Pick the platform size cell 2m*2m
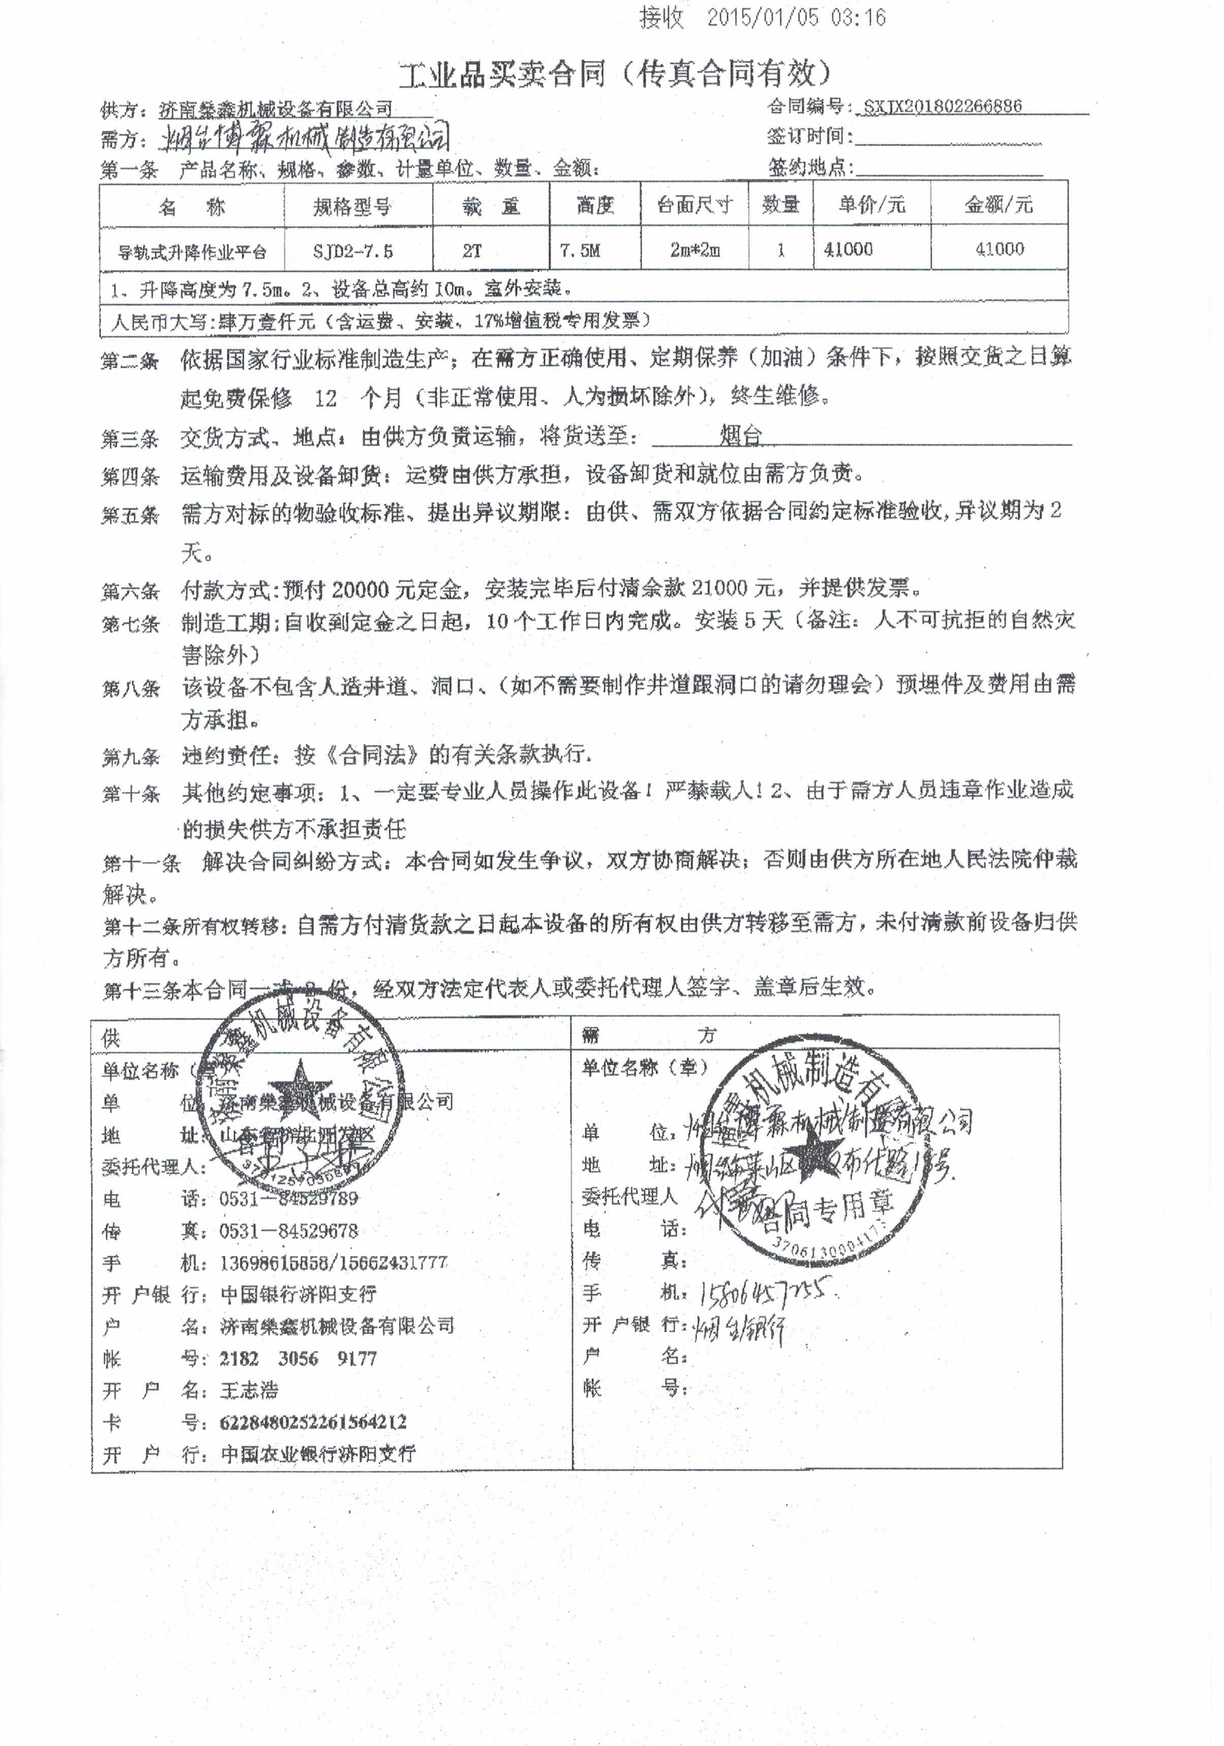(x=695, y=249)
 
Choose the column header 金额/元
(x=999, y=205)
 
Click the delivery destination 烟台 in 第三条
(x=740, y=436)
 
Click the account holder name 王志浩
(x=249, y=1390)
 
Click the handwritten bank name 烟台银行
(x=738, y=1327)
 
